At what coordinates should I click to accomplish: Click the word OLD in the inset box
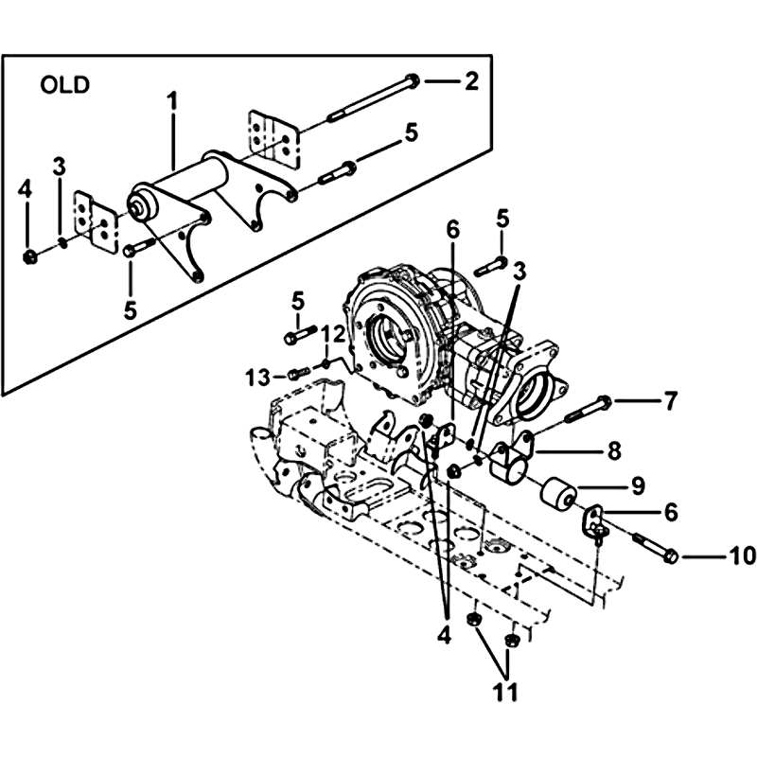pyautogui.click(x=65, y=85)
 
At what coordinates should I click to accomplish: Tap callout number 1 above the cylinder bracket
pyautogui.click(x=172, y=104)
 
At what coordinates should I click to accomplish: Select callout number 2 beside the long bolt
pyautogui.click(x=471, y=81)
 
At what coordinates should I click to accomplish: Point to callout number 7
pyautogui.click(x=671, y=400)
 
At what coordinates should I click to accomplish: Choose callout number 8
pyautogui.click(x=614, y=451)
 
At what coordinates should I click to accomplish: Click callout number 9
pyautogui.click(x=638, y=485)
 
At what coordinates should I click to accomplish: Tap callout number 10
pyautogui.click(x=742, y=556)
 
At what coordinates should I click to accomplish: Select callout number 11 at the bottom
pyautogui.click(x=505, y=692)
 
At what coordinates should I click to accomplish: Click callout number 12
pyautogui.click(x=335, y=334)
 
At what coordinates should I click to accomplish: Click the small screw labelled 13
pyautogui.click(x=298, y=373)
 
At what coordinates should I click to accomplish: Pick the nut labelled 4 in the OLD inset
pyautogui.click(x=30, y=256)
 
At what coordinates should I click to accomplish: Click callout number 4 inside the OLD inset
pyautogui.click(x=25, y=190)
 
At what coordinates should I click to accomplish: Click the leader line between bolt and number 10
pyautogui.click(x=703, y=556)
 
